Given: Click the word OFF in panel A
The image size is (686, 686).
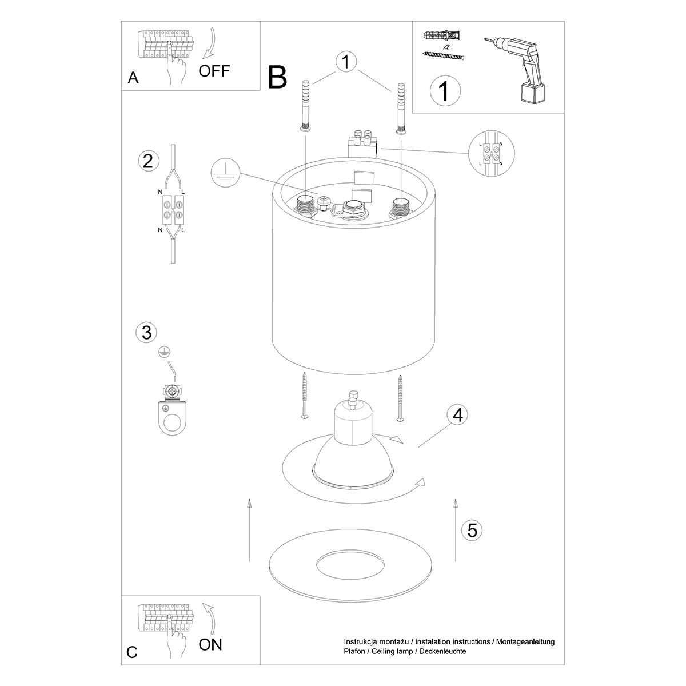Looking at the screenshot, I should [214, 71].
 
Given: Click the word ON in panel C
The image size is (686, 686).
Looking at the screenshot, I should [210, 645].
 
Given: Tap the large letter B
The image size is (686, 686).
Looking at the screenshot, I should [278, 78].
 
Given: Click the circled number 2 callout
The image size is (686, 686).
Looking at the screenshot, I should [148, 161].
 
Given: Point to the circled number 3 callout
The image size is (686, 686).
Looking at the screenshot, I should [146, 332].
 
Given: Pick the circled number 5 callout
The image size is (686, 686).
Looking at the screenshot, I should [472, 530].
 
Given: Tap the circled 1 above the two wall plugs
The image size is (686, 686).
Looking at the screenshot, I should [346, 62].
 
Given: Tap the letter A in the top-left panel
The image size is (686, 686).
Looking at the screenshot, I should [133, 78].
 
